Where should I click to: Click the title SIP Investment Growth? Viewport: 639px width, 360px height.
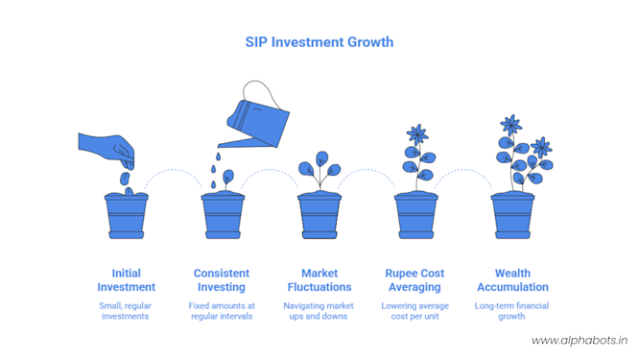319,42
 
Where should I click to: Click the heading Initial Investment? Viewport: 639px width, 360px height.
126,279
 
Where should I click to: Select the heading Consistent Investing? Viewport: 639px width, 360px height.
222,279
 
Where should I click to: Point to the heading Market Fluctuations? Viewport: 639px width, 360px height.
319,279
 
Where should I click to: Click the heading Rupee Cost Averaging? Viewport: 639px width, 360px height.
415,279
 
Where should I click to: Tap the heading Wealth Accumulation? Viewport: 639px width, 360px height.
512,279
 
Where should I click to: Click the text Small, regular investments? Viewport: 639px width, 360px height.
126,311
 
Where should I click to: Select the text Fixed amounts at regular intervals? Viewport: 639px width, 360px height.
222,311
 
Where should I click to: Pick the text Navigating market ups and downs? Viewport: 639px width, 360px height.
319,311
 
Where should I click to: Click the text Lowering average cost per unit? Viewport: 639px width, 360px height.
415,311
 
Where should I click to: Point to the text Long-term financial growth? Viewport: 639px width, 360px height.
512,311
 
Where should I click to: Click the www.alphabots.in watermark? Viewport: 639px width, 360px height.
579,341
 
